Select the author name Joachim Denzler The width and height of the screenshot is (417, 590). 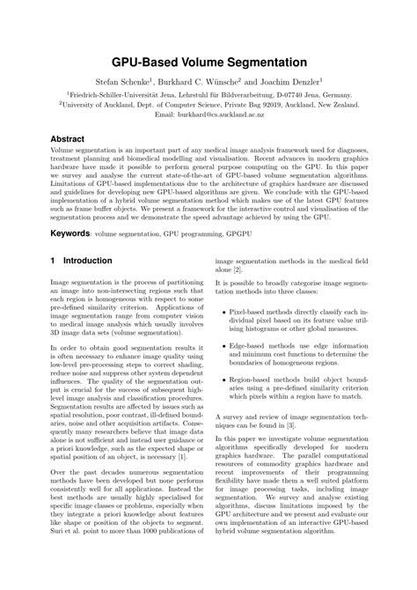(x=296, y=81)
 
